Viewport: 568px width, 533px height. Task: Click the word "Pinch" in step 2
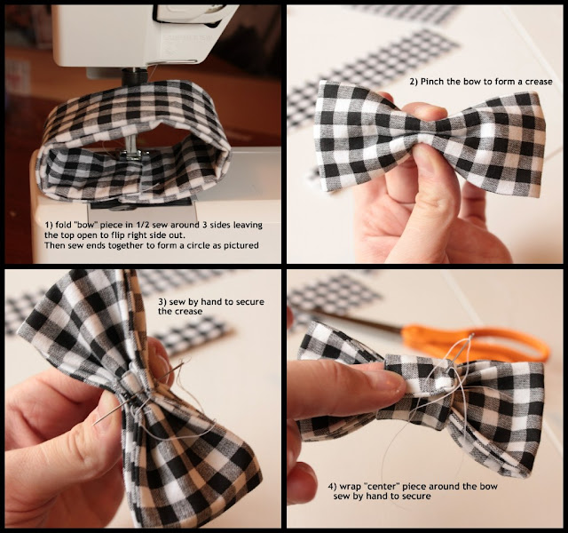pos(432,82)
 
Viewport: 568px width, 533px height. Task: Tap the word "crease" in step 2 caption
pos(539,82)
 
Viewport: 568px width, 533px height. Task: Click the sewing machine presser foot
pos(131,155)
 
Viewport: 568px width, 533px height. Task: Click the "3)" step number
pos(162,302)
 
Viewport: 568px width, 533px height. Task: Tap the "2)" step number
pos(414,82)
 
